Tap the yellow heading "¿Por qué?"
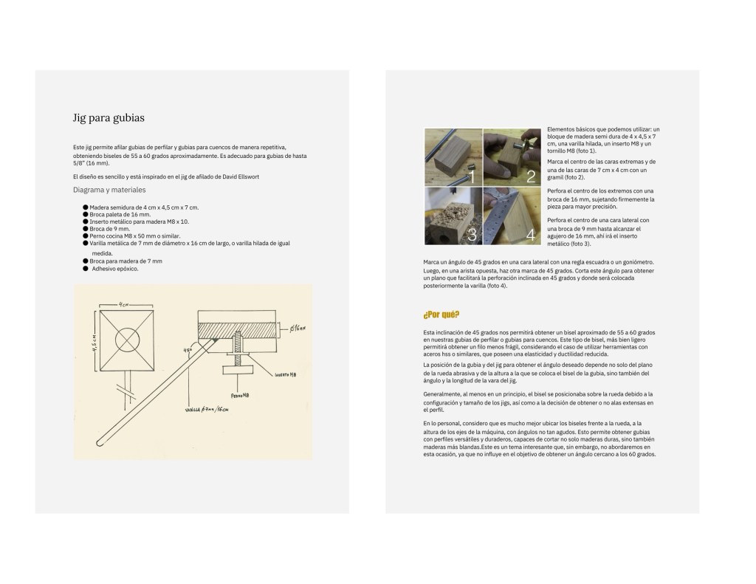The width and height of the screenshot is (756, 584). (x=441, y=315)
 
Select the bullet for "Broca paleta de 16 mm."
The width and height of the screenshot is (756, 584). (x=86, y=214)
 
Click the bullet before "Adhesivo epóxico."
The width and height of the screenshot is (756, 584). (x=86, y=268)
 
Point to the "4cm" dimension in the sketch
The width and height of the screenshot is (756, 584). (x=126, y=304)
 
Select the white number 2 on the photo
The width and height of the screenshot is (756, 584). (x=530, y=176)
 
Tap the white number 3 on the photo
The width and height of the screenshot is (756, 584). (x=472, y=234)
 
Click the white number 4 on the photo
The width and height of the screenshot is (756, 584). (x=530, y=236)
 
